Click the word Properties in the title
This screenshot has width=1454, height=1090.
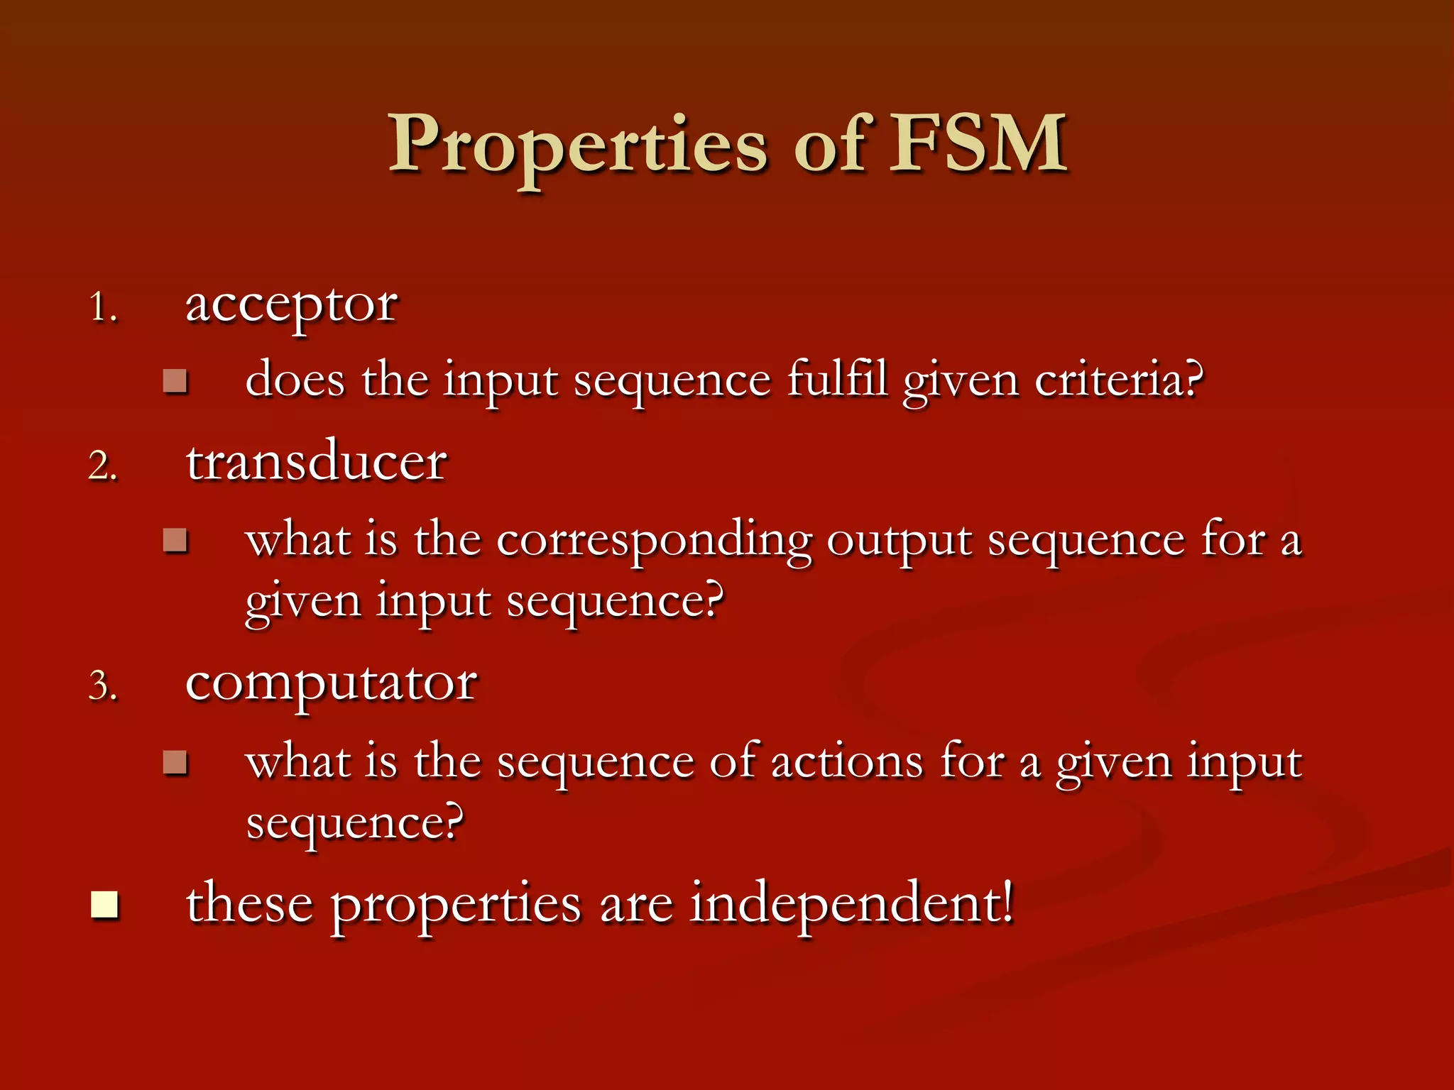[x=577, y=145]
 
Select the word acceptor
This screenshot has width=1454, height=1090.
[x=291, y=307]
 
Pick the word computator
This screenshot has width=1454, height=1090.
[x=331, y=684]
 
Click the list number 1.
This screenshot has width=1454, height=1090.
[x=102, y=309]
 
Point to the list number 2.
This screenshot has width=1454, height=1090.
[x=102, y=467]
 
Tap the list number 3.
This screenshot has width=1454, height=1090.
[x=102, y=687]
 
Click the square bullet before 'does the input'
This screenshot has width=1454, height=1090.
[x=175, y=381]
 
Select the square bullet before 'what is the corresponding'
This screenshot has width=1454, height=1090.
[x=175, y=541]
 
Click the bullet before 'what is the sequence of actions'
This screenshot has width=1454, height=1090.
[x=175, y=763]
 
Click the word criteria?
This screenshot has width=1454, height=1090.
[x=1119, y=380]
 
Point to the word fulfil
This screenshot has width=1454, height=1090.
[x=838, y=379]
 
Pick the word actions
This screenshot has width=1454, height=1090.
[x=847, y=762]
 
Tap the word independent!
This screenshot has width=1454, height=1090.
[x=852, y=904]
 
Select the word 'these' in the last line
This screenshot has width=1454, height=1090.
[x=249, y=904]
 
